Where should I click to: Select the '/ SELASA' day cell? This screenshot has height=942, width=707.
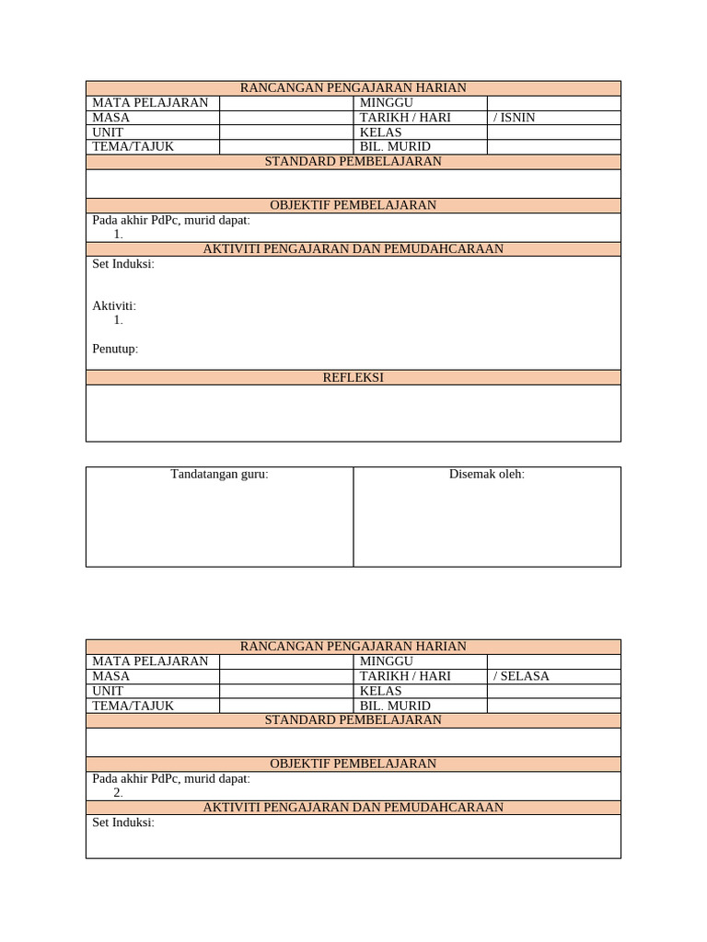tap(522, 676)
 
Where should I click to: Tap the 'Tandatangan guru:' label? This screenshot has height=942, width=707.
tap(219, 475)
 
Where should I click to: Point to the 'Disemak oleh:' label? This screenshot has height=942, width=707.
tap(487, 475)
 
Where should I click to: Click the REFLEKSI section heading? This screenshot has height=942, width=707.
tap(353, 378)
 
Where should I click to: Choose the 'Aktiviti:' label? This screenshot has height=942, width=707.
tap(114, 306)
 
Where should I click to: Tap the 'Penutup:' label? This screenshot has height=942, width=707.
tap(115, 349)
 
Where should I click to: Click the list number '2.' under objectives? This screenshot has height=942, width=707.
tap(118, 793)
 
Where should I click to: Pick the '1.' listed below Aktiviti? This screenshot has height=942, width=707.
tap(118, 320)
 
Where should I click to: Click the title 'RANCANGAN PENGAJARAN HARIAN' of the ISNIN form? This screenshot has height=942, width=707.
tap(353, 88)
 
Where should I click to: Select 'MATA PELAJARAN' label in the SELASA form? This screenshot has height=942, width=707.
tap(150, 661)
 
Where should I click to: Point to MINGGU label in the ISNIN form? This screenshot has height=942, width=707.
tap(387, 103)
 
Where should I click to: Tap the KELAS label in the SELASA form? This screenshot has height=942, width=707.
tap(381, 691)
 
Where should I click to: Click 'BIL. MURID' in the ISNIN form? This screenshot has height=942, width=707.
tap(395, 147)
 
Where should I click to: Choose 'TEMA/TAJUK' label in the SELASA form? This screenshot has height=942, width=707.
tap(133, 706)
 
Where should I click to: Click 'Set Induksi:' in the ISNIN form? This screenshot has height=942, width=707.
tap(123, 264)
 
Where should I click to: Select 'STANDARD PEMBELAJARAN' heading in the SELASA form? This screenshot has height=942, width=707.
tap(353, 720)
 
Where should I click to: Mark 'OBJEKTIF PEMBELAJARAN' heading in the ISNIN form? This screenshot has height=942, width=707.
tap(353, 205)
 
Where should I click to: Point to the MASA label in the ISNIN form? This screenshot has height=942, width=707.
tap(111, 118)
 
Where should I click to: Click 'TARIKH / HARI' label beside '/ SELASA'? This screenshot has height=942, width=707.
tap(405, 676)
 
